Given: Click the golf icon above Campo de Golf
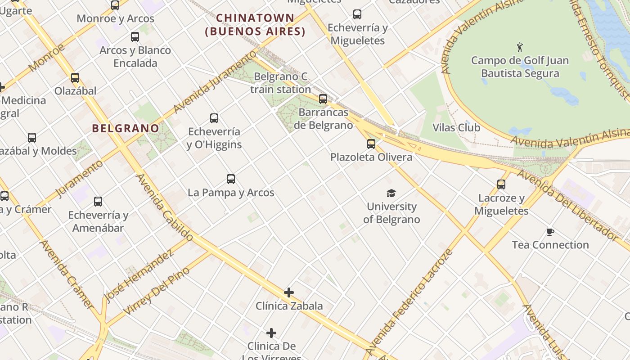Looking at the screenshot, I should tap(520, 47).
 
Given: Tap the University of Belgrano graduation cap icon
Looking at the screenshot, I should tap(391, 193).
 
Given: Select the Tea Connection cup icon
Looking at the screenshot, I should tap(550, 232).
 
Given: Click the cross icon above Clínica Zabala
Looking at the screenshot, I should tap(289, 293).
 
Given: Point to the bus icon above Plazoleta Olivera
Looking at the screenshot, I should tap(371, 144).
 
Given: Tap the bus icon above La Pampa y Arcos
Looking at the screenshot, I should tap(231, 179).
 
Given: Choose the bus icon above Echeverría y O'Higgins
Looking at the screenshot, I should tap(214, 118).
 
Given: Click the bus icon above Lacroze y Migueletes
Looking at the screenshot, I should tap(501, 184).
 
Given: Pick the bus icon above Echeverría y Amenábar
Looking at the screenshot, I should tap(98, 202).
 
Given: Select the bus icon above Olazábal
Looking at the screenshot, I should tap(75, 78).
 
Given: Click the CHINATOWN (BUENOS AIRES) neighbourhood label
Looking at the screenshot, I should tap(255, 25).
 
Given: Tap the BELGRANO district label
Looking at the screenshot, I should tap(126, 128).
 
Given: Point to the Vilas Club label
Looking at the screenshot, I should tap(456, 127).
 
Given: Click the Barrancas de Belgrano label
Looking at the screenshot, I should tap(323, 118).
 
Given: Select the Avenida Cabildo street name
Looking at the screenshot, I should tap(165, 207).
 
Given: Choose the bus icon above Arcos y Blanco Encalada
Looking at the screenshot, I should tap(135, 37).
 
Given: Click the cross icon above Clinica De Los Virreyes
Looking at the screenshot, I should tap(271, 333).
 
